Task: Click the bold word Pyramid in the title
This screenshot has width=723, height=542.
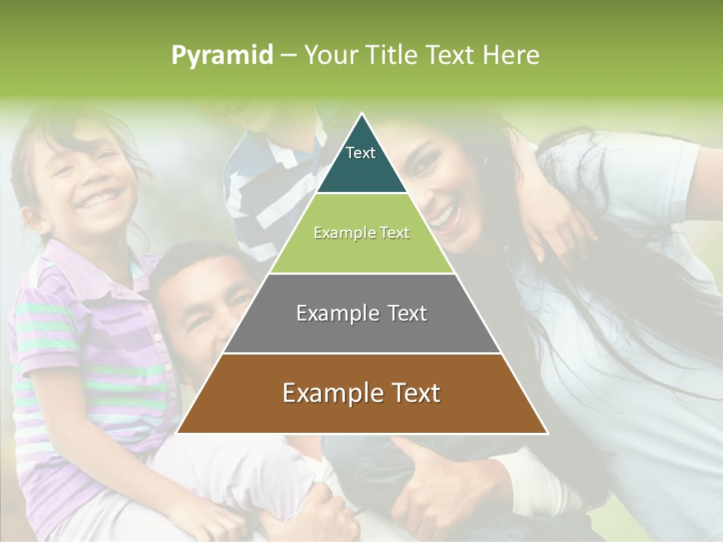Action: coord(221,56)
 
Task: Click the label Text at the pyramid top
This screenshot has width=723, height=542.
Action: coord(361,153)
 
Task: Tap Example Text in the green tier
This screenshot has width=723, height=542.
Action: coord(361,233)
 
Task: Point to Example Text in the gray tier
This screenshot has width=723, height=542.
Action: coord(361,313)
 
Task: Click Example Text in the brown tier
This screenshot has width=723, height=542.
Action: coord(361,393)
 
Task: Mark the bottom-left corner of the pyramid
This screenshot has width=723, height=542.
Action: coord(178,433)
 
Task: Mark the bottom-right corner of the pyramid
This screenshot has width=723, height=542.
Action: coord(547,433)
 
